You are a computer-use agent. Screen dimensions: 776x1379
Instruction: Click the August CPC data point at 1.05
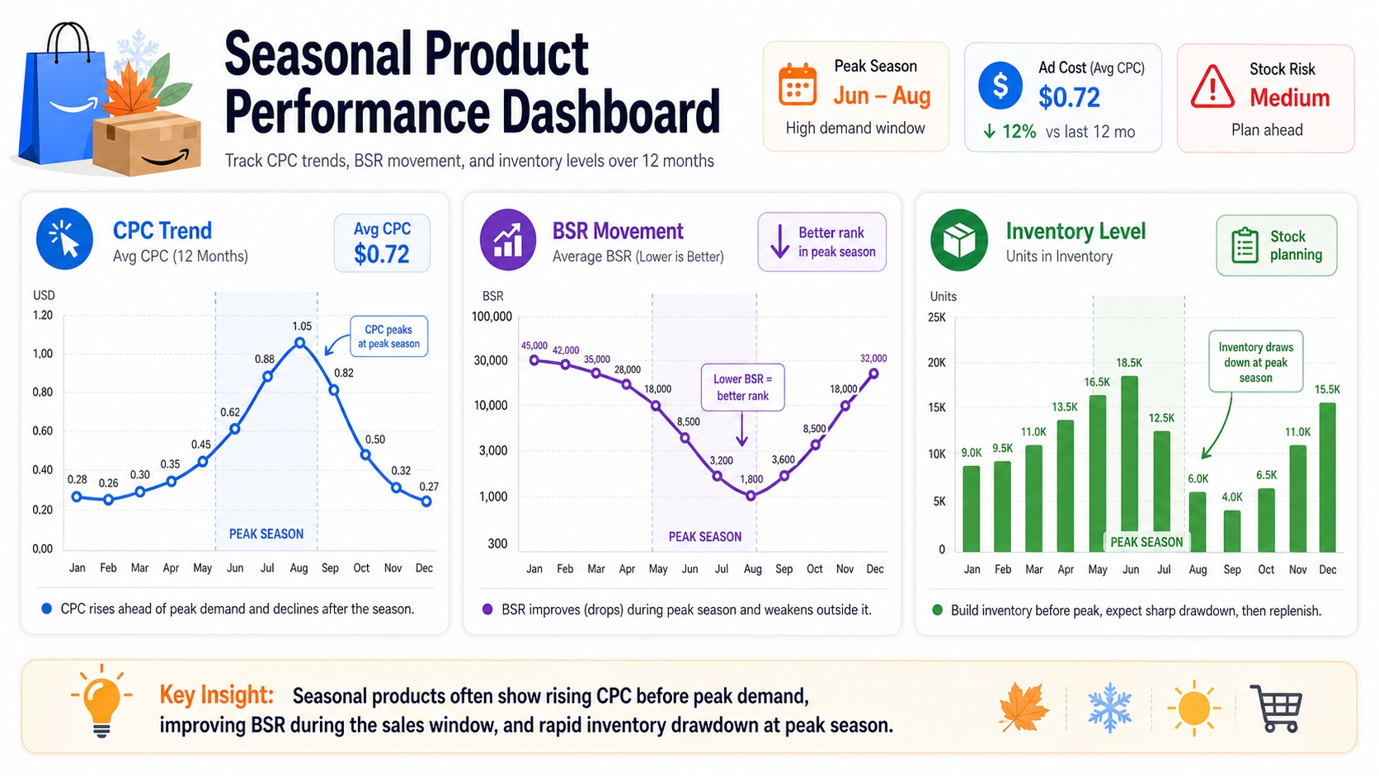point(300,342)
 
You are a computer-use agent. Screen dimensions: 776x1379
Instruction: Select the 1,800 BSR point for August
point(751,496)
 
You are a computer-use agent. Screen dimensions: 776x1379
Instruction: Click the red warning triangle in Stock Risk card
point(1212,88)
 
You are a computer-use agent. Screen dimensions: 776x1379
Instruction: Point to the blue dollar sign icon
point(1000,86)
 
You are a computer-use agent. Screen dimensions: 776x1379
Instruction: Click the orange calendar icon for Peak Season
point(798,84)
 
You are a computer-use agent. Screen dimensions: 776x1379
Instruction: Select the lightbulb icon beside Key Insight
point(101,701)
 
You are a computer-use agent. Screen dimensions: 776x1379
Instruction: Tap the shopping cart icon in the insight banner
point(1276,708)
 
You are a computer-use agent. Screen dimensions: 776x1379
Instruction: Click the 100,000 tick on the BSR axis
point(492,316)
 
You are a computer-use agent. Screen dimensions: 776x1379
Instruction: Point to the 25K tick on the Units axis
point(937,317)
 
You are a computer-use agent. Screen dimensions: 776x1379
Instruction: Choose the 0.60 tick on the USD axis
point(43,430)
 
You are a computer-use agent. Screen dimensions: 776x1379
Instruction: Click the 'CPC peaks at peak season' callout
point(388,336)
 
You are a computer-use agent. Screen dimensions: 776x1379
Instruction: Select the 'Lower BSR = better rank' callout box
point(742,387)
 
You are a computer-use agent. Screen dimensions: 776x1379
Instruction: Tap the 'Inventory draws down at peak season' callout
point(1255,362)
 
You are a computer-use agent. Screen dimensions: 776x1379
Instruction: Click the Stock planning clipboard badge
point(1276,246)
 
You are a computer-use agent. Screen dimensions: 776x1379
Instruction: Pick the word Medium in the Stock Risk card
point(1289,98)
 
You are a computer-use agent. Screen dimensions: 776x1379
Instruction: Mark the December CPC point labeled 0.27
point(426,501)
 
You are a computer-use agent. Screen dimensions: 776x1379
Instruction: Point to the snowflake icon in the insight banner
point(1110,708)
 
